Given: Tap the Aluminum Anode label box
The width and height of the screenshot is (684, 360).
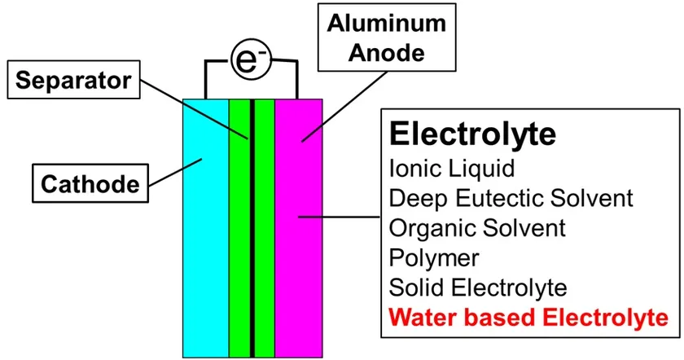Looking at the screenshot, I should (376, 38).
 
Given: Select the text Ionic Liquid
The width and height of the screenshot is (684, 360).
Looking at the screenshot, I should (452, 169).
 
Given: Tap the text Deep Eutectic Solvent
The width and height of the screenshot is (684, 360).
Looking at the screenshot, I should (511, 199).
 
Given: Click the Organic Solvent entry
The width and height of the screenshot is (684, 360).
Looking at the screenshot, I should (478, 228).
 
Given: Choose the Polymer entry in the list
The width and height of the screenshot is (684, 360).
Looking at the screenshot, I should (434, 258).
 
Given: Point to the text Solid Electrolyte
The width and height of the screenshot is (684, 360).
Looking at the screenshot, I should (478, 288).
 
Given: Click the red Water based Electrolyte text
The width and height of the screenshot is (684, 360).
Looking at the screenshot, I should (528, 317).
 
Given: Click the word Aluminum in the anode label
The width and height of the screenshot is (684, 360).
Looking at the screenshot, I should (376, 25).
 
